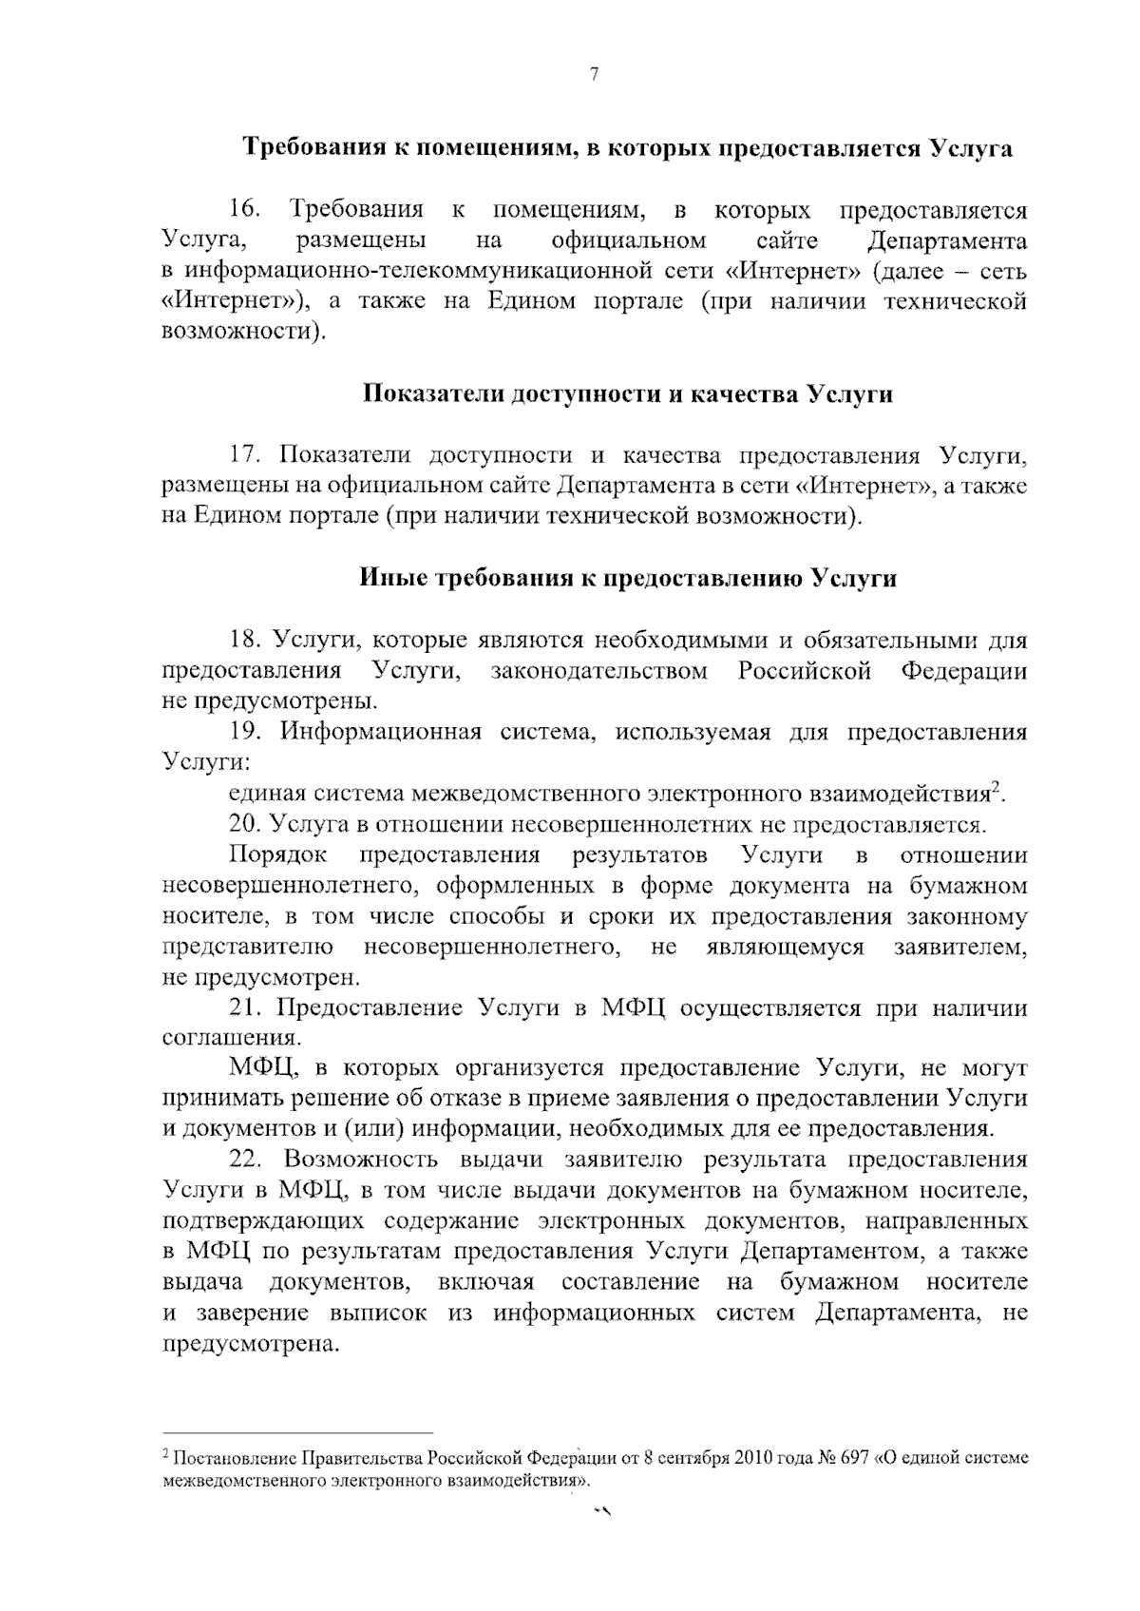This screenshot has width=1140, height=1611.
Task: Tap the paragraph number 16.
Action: pos(245,208)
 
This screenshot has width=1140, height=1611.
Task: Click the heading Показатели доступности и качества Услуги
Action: pos(628,393)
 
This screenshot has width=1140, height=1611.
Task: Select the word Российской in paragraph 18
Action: pos(805,671)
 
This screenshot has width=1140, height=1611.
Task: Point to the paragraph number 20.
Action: pos(245,824)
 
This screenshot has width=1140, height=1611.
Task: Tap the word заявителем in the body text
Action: pos(960,947)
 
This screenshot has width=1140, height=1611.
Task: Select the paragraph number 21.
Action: pos(245,1007)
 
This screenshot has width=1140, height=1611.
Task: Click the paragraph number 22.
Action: pos(245,1160)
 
